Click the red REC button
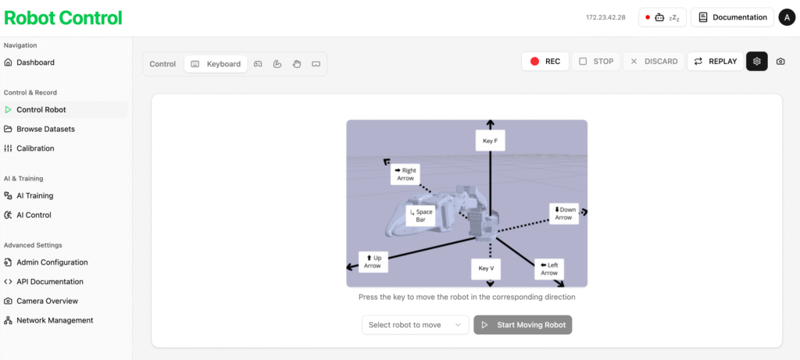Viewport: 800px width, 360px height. click(545, 61)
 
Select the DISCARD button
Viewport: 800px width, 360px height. click(654, 61)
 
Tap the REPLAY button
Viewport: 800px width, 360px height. click(716, 61)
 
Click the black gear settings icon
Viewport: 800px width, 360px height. click(756, 61)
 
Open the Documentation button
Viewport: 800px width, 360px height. click(732, 17)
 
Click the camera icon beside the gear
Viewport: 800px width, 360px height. click(780, 62)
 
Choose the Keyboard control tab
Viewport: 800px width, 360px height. click(216, 64)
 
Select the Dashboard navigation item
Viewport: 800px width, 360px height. click(35, 62)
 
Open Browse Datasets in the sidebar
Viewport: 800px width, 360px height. click(40, 129)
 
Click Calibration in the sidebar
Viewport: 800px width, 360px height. click(29, 148)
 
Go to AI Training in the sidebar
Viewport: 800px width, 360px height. click(29, 196)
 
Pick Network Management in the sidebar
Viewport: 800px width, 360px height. click(48, 320)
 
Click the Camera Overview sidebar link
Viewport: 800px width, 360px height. click(41, 301)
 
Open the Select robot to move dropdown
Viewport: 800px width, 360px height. click(416, 325)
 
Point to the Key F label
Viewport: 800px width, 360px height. click(491, 141)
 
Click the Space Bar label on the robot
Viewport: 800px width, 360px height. click(421, 216)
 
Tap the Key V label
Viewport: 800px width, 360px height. click(486, 269)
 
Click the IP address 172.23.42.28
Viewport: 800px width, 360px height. click(606, 17)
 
